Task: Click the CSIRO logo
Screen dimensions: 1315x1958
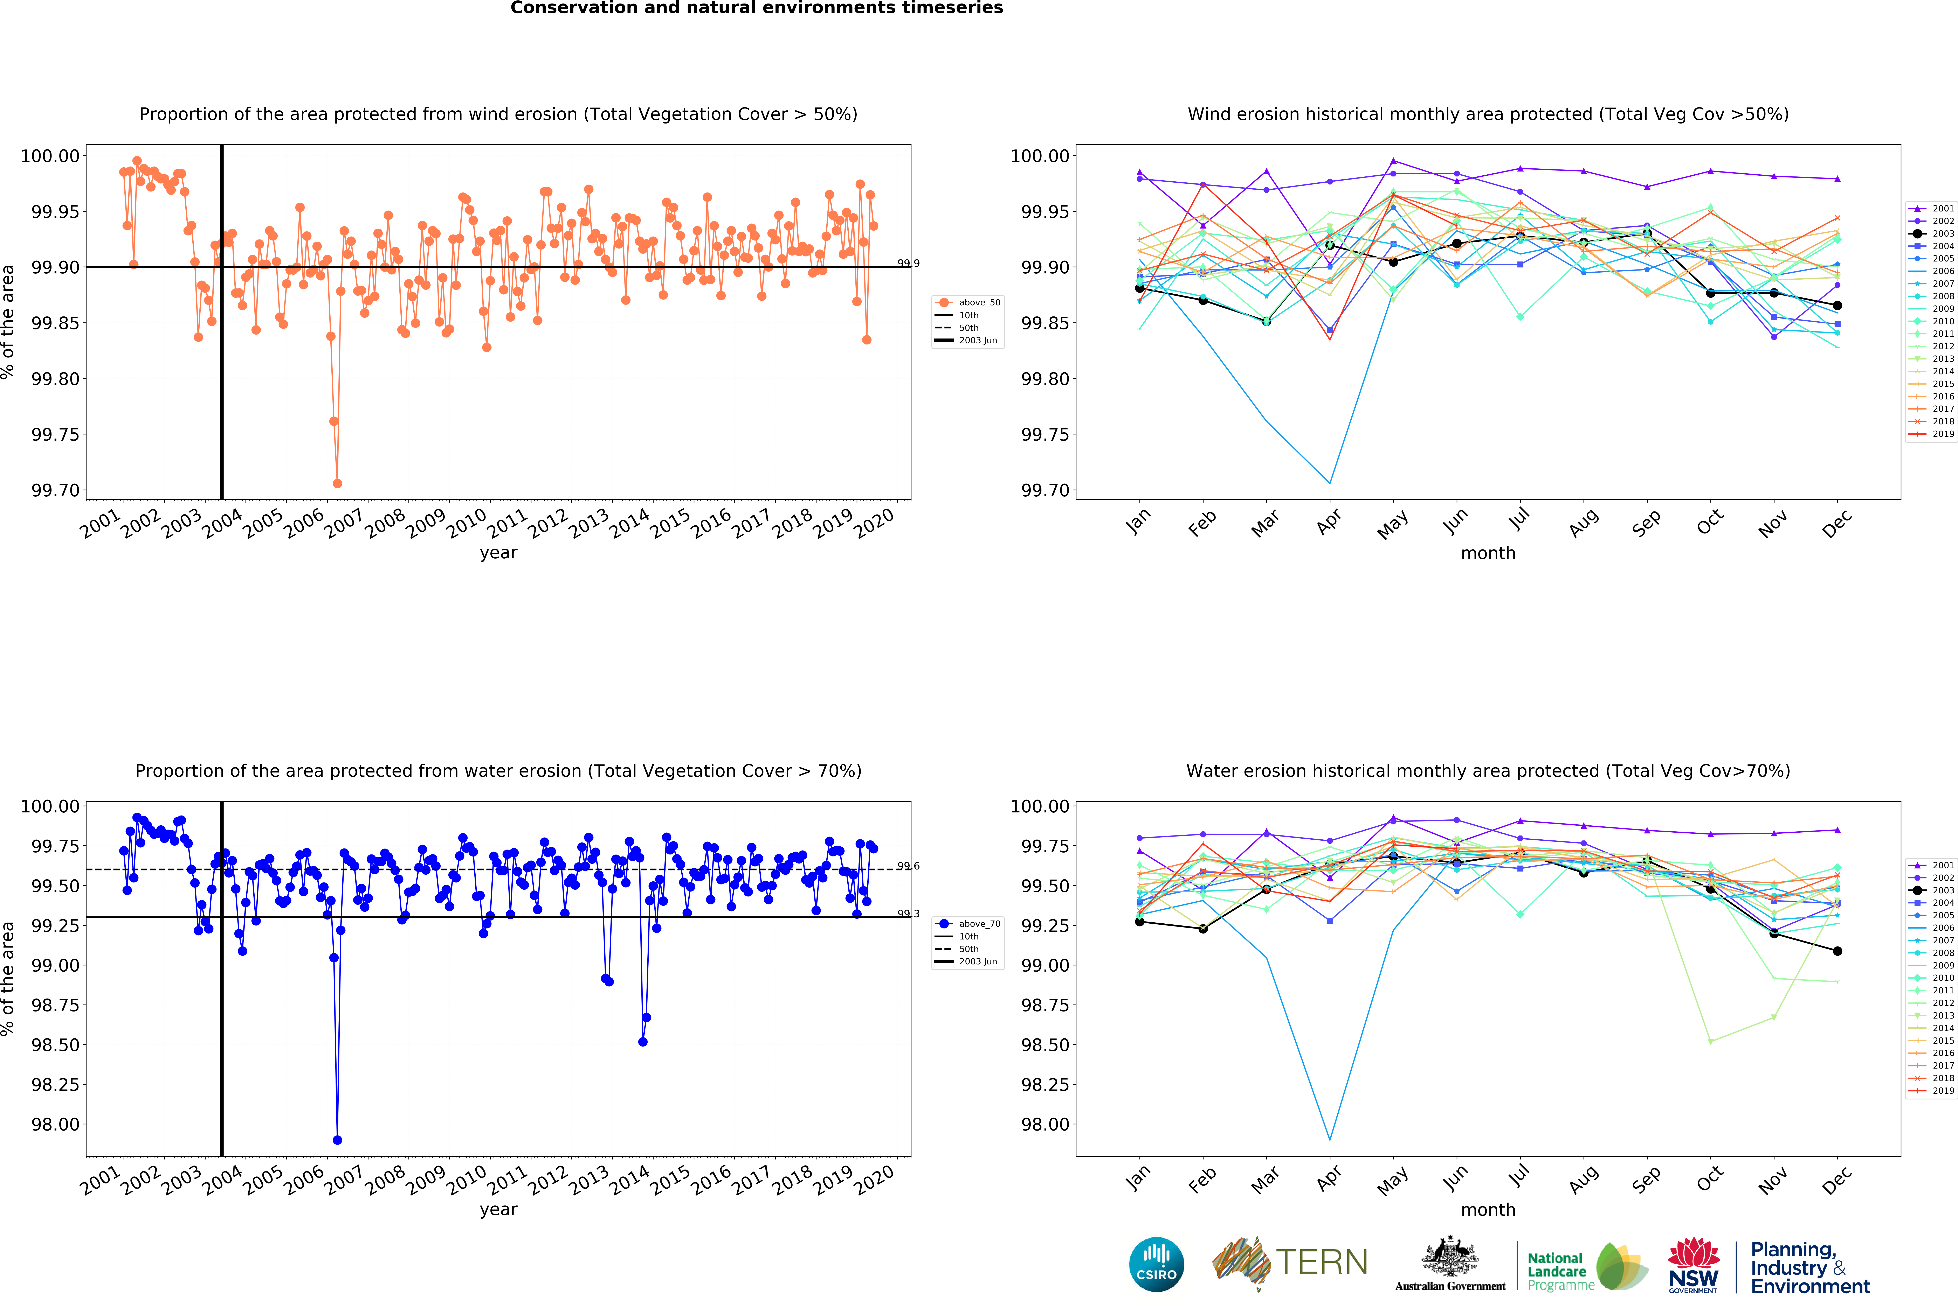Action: click(1156, 1264)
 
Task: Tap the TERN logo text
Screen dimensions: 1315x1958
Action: click(1321, 1262)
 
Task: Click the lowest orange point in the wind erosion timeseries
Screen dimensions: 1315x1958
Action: click(337, 483)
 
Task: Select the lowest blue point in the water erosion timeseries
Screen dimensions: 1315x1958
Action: click(337, 1140)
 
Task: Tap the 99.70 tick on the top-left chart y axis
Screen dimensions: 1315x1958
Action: click(55, 491)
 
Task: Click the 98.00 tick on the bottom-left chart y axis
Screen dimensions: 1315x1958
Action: click(55, 1125)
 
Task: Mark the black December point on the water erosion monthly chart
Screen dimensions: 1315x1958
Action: click(1837, 951)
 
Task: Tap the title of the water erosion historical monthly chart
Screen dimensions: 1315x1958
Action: click(1487, 771)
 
